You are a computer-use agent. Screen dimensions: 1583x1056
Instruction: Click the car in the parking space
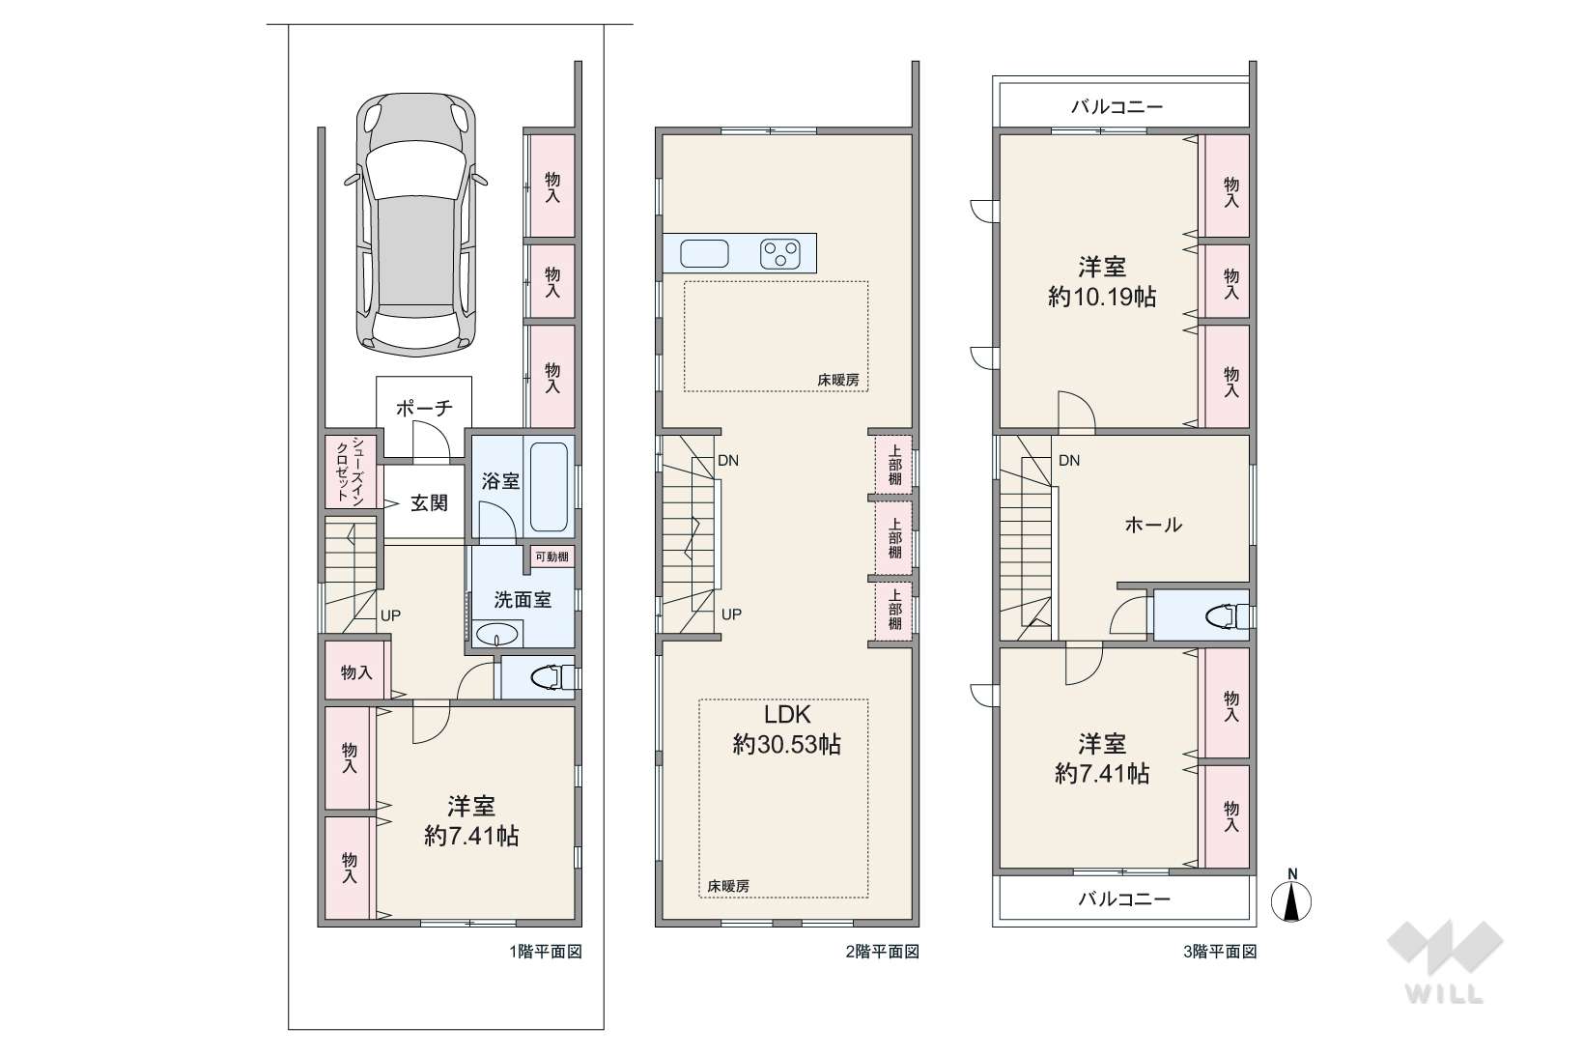(x=415, y=225)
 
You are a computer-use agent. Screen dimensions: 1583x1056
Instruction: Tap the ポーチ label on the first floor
(x=424, y=408)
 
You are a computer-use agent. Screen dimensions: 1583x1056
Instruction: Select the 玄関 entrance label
(x=429, y=503)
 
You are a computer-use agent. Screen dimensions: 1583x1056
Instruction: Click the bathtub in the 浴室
(x=550, y=487)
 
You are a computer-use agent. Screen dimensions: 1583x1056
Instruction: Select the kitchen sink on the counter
(x=705, y=254)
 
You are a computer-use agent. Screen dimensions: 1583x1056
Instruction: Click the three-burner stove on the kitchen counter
(x=780, y=254)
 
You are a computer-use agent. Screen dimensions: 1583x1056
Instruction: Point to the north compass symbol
(x=1292, y=899)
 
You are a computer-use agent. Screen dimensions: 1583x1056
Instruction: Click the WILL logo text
(x=1445, y=994)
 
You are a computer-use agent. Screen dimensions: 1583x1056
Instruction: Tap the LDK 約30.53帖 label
(x=786, y=729)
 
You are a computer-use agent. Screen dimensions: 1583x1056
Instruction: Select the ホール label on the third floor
(x=1153, y=525)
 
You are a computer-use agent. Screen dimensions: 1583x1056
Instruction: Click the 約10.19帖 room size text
(x=1102, y=298)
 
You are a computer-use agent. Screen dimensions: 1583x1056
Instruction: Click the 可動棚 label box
(x=551, y=557)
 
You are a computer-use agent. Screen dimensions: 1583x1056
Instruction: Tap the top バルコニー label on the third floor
(x=1117, y=107)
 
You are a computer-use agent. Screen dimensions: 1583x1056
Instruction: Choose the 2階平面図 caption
(x=883, y=952)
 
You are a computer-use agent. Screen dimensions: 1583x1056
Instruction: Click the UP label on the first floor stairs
(x=390, y=615)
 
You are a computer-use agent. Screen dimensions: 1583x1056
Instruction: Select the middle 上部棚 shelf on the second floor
(x=894, y=538)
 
